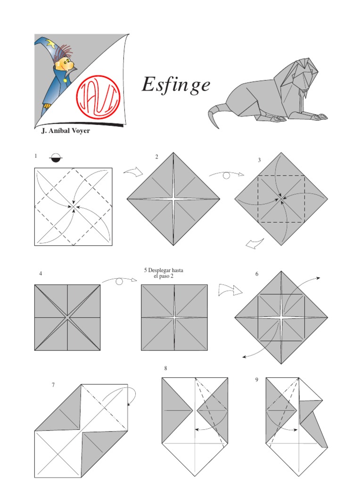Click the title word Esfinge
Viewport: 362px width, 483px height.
coord(175,85)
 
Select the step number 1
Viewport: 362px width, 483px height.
coord(36,156)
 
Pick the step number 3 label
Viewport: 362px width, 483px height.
coord(259,160)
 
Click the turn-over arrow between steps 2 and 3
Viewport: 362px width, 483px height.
coord(227,175)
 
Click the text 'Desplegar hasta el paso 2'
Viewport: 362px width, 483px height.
coord(164,273)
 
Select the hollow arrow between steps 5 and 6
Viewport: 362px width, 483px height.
coord(230,291)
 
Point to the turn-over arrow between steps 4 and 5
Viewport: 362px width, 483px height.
coord(119,281)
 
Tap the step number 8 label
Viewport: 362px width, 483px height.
coord(166,368)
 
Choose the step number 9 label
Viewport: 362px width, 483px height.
coord(257,379)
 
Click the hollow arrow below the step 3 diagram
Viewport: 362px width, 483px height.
coord(255,243)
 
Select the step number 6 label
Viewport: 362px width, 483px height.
coord(257,274)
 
